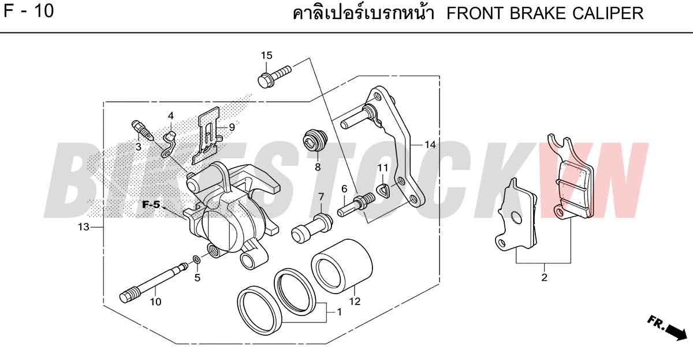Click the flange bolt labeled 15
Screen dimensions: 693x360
click(x=274, y=76)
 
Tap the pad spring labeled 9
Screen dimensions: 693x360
click(x=207, y=136)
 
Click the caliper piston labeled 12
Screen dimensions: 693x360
click(x=342, y=266)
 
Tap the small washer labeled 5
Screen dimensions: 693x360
click(x=196, y=259)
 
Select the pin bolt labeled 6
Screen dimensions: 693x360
click(x=356, y=205)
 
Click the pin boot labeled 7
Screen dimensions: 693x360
click(x=312, y=228)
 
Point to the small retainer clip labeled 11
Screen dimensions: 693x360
click(x=382, y=190)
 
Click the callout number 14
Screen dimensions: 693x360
click(x=430, y=144)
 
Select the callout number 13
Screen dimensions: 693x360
click(x=83, y=227)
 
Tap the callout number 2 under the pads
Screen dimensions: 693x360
click(x=544, y=277)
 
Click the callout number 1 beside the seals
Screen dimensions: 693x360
click(x=340, y=312)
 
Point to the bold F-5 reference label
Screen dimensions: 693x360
click(x=151, y=205)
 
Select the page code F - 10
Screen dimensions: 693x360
click(x=29, y=11)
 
